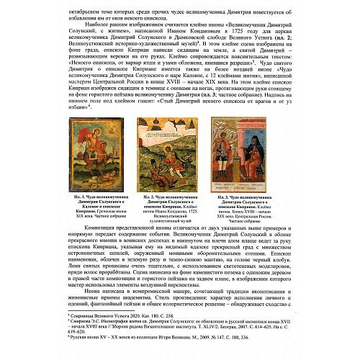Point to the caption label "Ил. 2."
150,196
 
